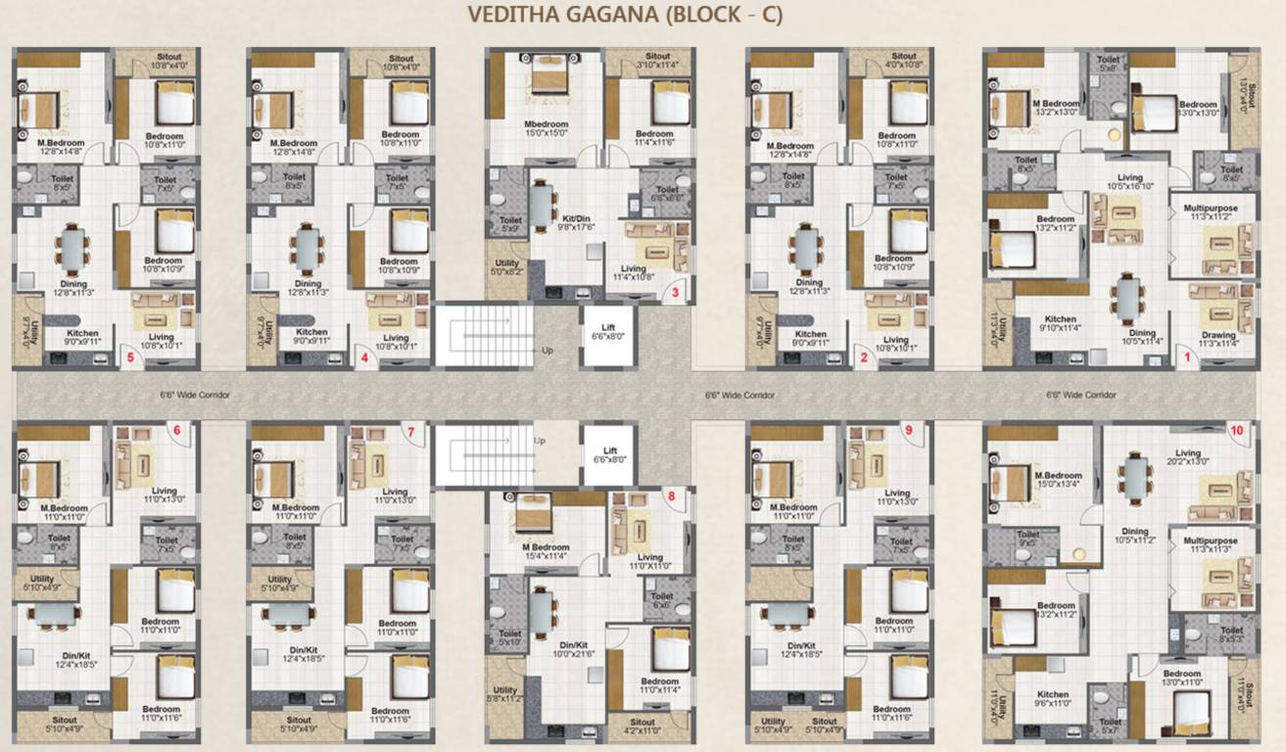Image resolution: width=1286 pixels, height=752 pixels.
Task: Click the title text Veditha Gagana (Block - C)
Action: (x=625, y=16)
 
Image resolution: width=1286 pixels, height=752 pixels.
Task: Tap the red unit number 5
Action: (x=130, y=357)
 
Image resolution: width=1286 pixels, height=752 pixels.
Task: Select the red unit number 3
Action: (x=675, y=292)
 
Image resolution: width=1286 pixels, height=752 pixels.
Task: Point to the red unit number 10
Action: (x=1237, y=430)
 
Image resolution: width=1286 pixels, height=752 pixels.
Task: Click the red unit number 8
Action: (x=671, y=495)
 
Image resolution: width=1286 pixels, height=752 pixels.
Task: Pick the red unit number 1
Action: (x=1187, y=358)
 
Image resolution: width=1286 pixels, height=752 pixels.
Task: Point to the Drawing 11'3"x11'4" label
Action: (x=1218, y=339)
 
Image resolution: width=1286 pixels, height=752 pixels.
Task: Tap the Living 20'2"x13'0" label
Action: (x=1187, y=457)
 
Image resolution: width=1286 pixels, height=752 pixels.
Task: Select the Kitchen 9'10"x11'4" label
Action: (x=1060, y=323)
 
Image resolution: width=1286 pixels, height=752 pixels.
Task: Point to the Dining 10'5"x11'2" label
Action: (x=1134, y=536)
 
